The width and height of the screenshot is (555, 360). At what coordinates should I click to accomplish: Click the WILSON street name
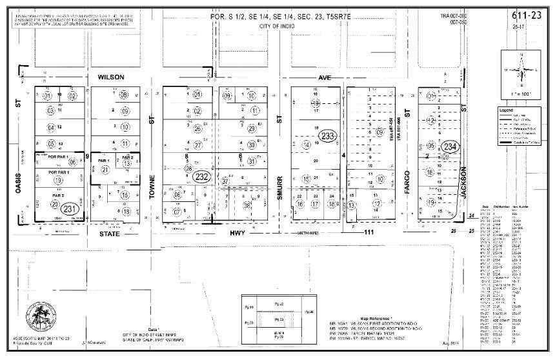coord(110,76)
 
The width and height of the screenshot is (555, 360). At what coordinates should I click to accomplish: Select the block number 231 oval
coord(70,208)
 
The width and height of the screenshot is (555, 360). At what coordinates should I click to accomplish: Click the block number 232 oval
coord(203,175)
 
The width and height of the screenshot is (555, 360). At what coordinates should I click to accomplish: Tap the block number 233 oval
coord(328,136)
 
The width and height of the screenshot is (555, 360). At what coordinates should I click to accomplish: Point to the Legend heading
coord(506,110)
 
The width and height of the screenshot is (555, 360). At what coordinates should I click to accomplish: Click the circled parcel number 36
coord(247,205)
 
